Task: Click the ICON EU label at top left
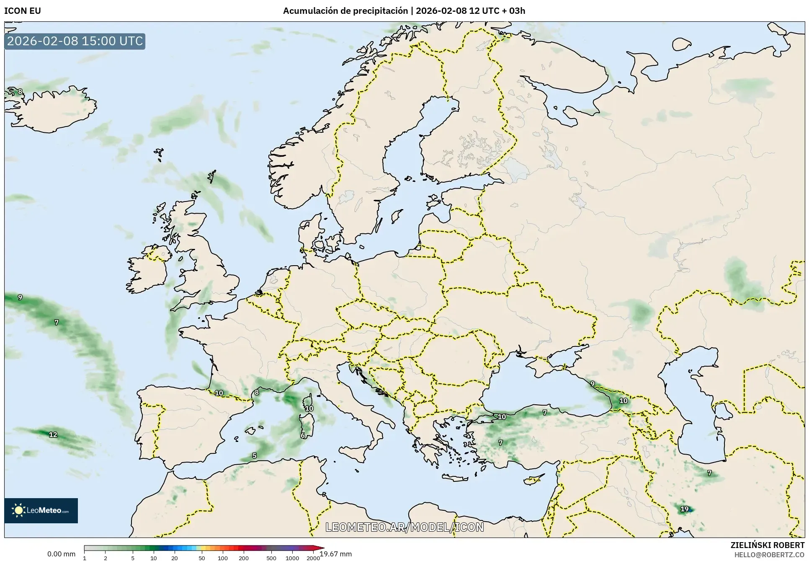(23, 11)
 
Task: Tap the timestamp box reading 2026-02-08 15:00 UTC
(75, 41)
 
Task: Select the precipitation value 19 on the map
(684, 509)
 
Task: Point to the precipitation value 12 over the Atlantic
(53, 434)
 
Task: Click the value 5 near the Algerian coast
(254, 455)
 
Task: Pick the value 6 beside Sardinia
(303, 435)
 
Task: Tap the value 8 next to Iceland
(20, 92)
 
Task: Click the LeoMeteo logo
(41, 510)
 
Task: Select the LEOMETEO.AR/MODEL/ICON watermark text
(404, 527)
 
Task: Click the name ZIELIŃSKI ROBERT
(767, 545)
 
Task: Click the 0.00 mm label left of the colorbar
(61, 554)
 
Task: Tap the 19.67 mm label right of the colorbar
(336, 554)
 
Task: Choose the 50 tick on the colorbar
(202, 558)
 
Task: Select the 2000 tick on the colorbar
(313, 558)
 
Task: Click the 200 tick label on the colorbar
(244, 558)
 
